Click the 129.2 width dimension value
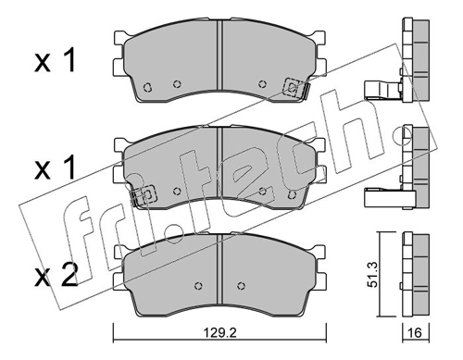click(x=219, y=333)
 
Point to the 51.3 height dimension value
click(x=374, y=275)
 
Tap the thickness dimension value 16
click(x=416, y=333)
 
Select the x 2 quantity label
click(x=56, y=276)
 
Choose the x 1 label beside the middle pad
click(x=55, y=168)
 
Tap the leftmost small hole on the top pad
click(x=147, y=87)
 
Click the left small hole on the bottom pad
click(x=199, y=286)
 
